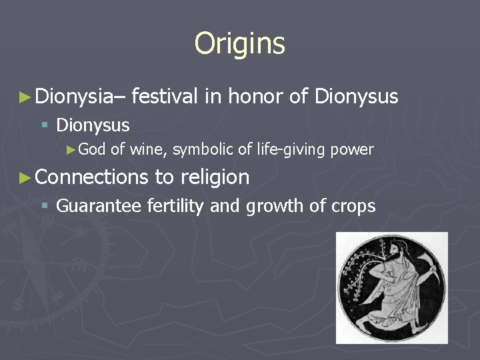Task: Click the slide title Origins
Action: pos(239,44)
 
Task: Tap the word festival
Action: pos(165,97)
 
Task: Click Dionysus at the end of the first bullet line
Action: pos(356,97)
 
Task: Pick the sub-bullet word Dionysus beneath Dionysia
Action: pos(93,125)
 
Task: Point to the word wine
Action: pos(147,149)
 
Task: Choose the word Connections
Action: pos(91,177)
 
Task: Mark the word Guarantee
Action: pos(99,206)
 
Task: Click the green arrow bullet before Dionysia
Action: pos(25,98)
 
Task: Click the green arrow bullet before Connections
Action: pos(25,178)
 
